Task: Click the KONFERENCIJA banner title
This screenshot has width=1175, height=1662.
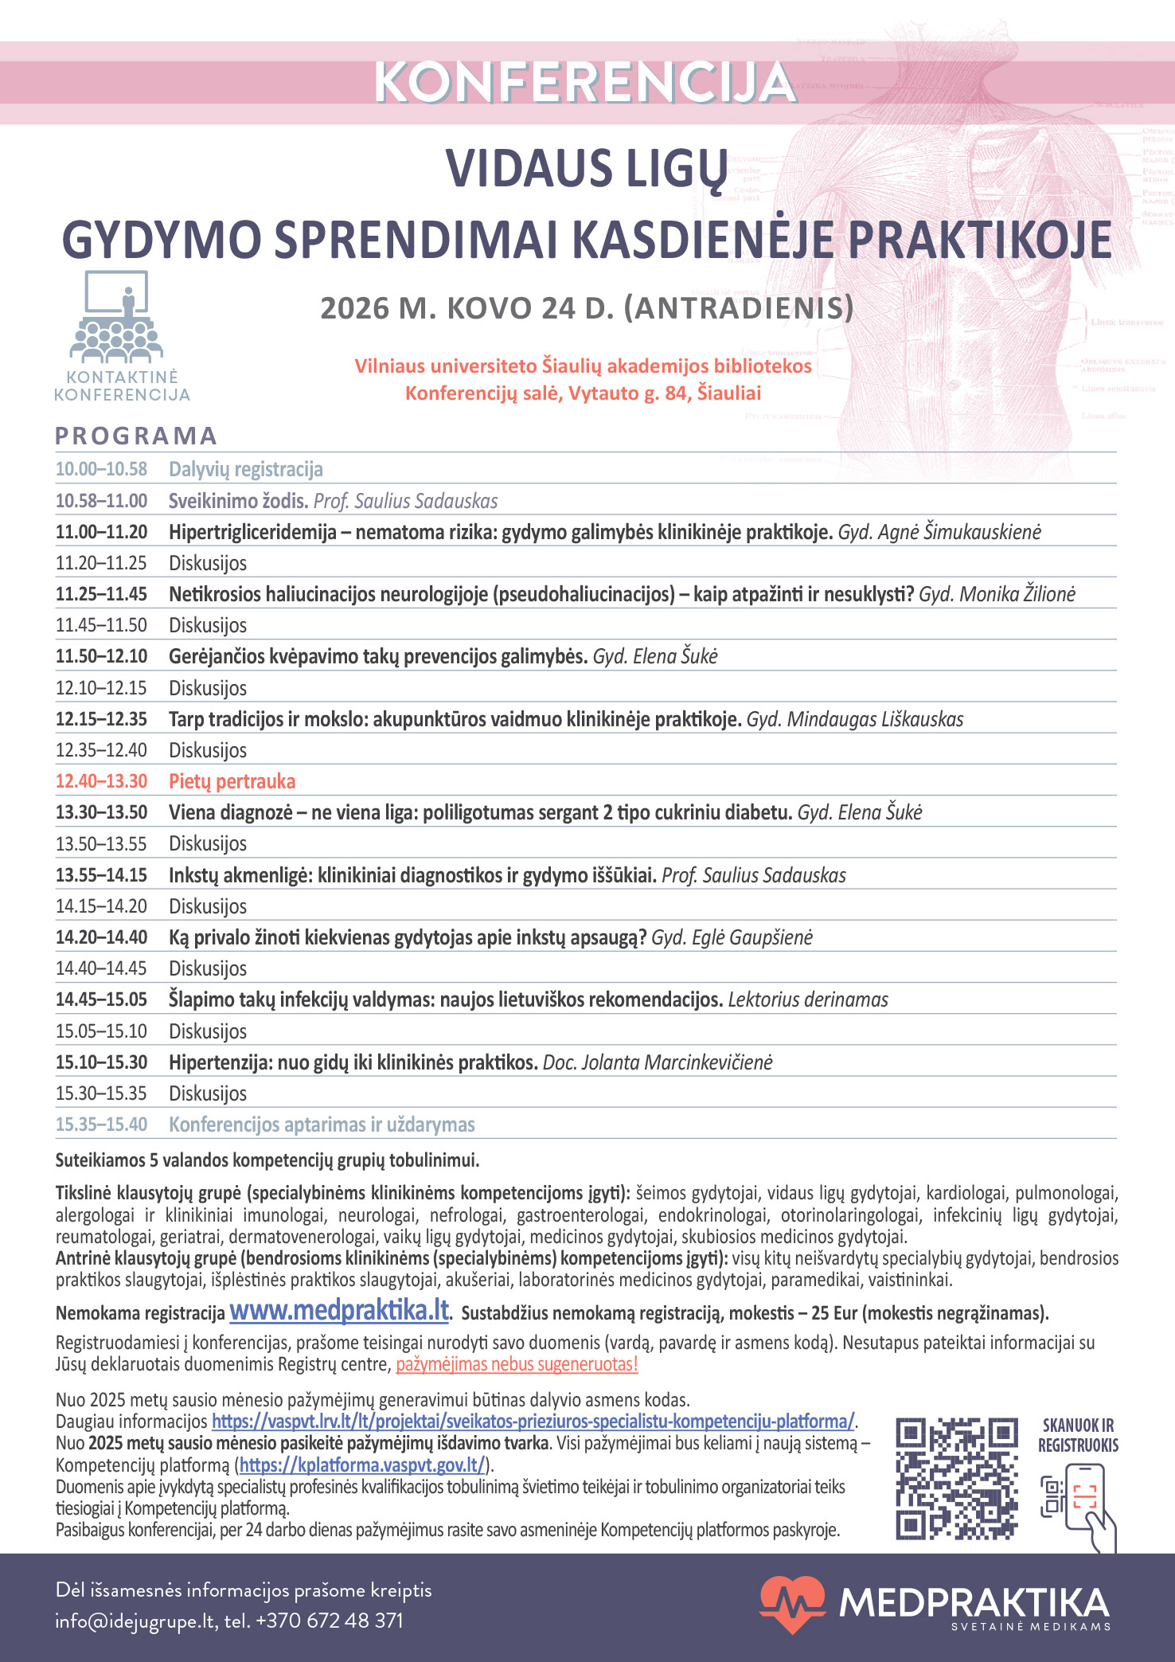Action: [x=585, y=82]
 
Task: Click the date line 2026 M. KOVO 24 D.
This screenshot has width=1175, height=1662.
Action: [x=587, y=308]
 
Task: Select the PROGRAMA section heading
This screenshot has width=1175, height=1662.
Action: [x=136, y=436]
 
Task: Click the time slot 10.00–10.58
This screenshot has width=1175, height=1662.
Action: [x=101, y=469]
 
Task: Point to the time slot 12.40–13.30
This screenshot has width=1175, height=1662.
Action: [x=101, y=781]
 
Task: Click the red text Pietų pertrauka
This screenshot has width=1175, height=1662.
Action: [x=232, y=781]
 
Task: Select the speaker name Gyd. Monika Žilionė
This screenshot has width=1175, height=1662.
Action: [x=997, y=594]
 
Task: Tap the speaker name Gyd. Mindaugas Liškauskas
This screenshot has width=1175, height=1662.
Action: [x=854, y=719]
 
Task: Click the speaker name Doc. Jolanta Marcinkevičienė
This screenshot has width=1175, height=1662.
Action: [x=658, y=1062]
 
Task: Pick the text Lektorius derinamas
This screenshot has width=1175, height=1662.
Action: [x=808, y=999]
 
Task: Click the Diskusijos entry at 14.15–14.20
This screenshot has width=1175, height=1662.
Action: [x=208, y=906]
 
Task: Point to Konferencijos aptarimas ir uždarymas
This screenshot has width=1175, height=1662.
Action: [x=322, y=1124]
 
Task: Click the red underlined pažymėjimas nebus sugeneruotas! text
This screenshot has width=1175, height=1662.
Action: [x=517, y=1364]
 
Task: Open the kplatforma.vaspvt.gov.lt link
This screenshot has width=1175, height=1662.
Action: [x=362, y=1465]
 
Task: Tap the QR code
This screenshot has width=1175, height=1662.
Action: [x=957, y=1478]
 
